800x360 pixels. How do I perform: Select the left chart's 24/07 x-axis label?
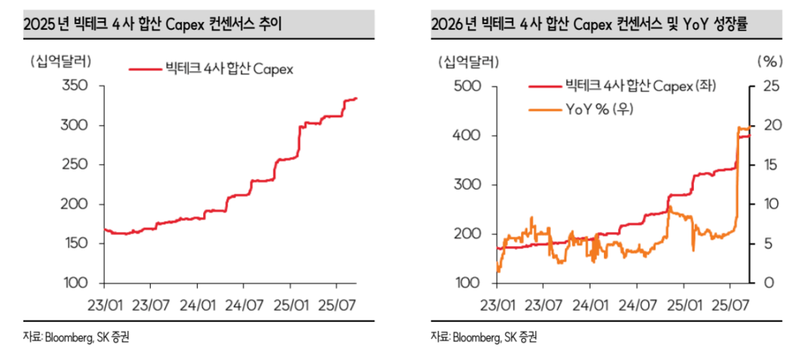click(x=242, y=299)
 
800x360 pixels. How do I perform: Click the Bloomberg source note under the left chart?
click(x=74, y=337)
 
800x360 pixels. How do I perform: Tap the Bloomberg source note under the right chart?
click(x=483, y=337)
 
